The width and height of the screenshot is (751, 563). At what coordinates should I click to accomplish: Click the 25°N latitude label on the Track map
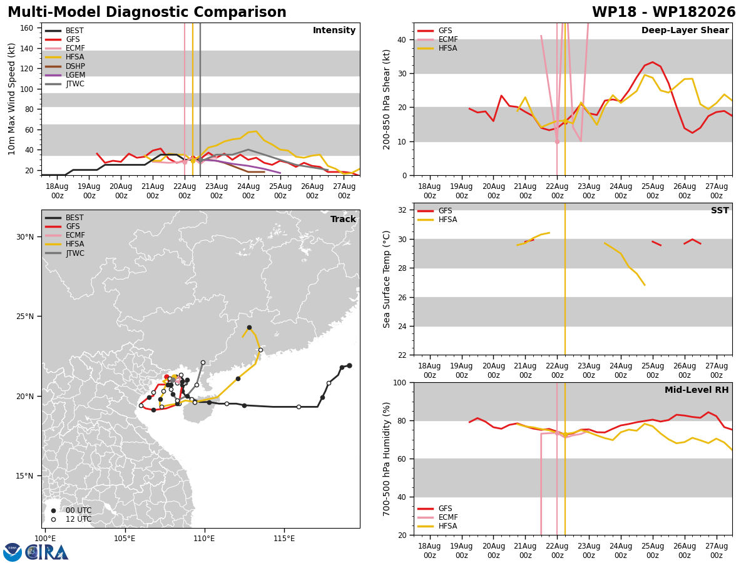click(x=25, y=317)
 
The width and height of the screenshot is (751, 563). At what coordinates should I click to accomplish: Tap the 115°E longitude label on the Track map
click(x=284, y=539)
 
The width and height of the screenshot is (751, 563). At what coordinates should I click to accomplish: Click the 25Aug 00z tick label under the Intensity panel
click(x=280, y=191)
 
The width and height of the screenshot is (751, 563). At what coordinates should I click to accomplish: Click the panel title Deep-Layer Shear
click(x=685, y=30)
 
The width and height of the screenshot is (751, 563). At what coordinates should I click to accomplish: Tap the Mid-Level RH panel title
click(x=697, y=390)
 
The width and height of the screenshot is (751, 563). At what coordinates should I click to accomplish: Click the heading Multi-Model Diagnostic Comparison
click(x=147, y=12)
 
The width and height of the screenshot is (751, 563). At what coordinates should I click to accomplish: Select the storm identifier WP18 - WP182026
click(x=664, y=12)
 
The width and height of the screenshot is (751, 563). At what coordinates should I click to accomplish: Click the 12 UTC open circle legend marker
click(x=53, y=520)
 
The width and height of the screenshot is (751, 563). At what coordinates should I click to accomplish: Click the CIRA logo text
click(x=47, y=552)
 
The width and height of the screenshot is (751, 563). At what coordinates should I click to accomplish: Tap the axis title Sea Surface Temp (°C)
click(x=386, y=279)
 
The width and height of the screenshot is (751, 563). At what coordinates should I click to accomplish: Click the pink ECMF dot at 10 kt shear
click(x=557, y=141)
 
